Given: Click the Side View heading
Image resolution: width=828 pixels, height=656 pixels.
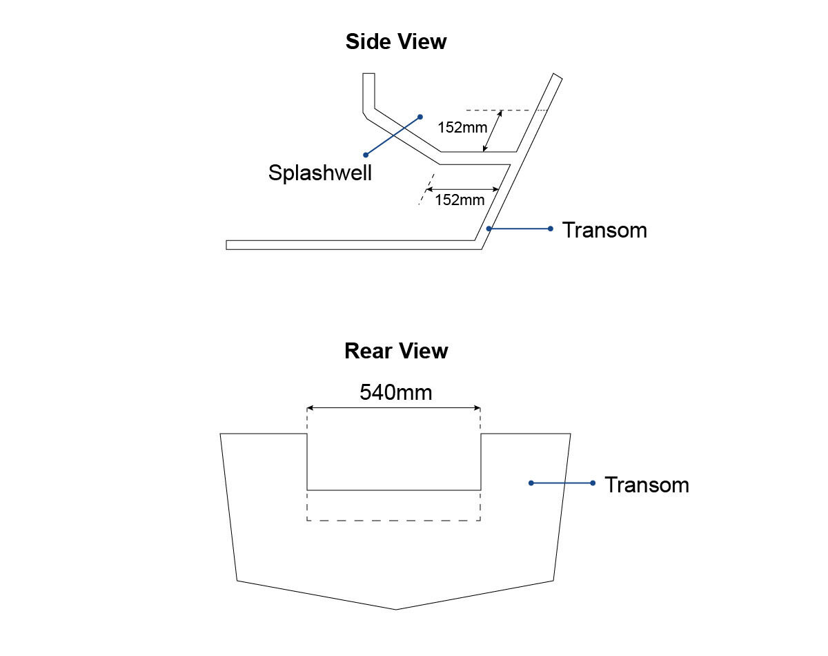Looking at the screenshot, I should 396,42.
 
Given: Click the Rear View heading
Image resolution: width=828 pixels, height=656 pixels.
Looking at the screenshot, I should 396,351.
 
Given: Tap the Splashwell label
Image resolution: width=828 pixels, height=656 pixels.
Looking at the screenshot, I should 319,173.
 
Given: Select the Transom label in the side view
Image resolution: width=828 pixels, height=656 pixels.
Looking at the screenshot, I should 604,230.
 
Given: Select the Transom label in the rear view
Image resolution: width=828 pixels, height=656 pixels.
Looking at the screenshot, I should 647,485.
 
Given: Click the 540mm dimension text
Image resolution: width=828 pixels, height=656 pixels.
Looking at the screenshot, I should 395,393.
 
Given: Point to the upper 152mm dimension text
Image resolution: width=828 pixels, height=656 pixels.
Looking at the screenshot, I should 462,128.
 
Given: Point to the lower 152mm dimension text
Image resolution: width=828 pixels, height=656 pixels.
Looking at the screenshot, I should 460,200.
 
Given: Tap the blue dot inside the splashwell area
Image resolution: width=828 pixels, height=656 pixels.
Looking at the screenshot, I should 420,117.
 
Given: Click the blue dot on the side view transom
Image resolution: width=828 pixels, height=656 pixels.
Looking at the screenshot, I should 489,229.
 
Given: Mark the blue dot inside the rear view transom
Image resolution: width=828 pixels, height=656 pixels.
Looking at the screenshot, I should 531,483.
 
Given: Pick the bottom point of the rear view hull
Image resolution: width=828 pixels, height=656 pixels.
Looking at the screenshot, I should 396,610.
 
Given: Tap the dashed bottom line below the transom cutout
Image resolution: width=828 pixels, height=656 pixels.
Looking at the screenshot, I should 393,520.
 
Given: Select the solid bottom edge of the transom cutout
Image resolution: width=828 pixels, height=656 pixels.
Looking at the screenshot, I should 393,490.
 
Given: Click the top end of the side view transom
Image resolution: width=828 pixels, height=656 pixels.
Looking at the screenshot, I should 557,77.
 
